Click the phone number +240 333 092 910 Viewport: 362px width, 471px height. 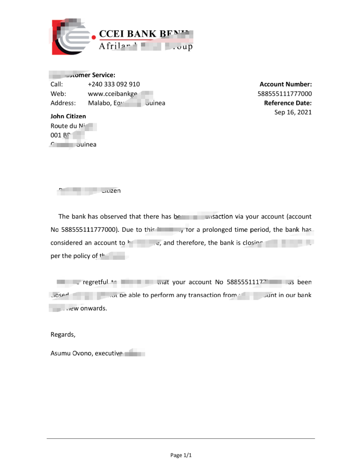pos(113,84)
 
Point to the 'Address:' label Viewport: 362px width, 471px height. pos(62,103)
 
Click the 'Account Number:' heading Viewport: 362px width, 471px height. pos(285,84)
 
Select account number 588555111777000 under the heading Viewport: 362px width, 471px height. pos(284,94)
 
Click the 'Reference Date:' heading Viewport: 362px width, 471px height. pos(288,103)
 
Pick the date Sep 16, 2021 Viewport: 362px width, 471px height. pos(293,112)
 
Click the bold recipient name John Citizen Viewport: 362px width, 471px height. pos(68,116)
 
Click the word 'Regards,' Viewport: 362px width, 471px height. pos(62,334)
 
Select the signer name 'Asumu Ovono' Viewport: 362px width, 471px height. pos(71,354)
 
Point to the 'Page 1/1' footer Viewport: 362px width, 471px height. pos(181,455)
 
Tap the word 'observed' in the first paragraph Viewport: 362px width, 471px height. pos(113,216)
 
